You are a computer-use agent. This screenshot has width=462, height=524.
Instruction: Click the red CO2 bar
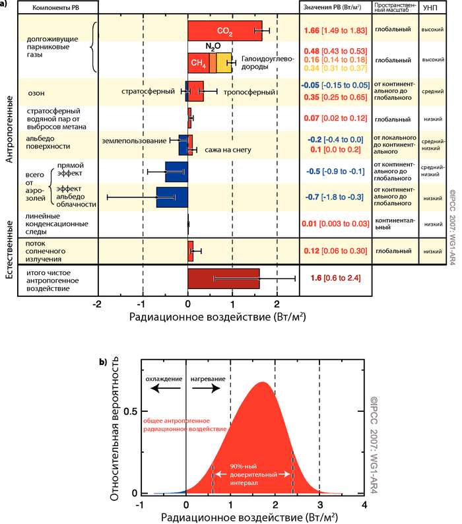point(224,30)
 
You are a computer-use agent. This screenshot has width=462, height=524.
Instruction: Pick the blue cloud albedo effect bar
point(172,197)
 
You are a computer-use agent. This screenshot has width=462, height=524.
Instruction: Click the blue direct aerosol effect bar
point(176,171)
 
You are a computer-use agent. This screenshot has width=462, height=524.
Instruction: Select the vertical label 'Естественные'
point(10,245)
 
